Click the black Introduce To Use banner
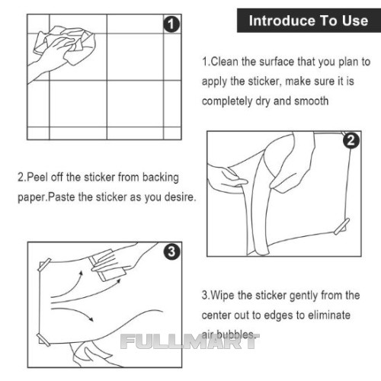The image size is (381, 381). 309,21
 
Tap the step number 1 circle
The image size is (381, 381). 171,24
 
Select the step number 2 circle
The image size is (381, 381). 351,140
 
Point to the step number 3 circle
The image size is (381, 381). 171,251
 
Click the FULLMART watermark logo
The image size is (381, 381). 190,341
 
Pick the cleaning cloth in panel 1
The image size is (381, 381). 65,44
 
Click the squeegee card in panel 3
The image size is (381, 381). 108,265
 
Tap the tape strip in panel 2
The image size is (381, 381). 342,226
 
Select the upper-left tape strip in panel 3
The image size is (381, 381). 44,264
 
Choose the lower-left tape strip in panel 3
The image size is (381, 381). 43,339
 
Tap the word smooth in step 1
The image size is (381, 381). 311,101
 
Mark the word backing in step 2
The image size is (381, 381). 161,178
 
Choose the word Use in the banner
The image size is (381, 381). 355,21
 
